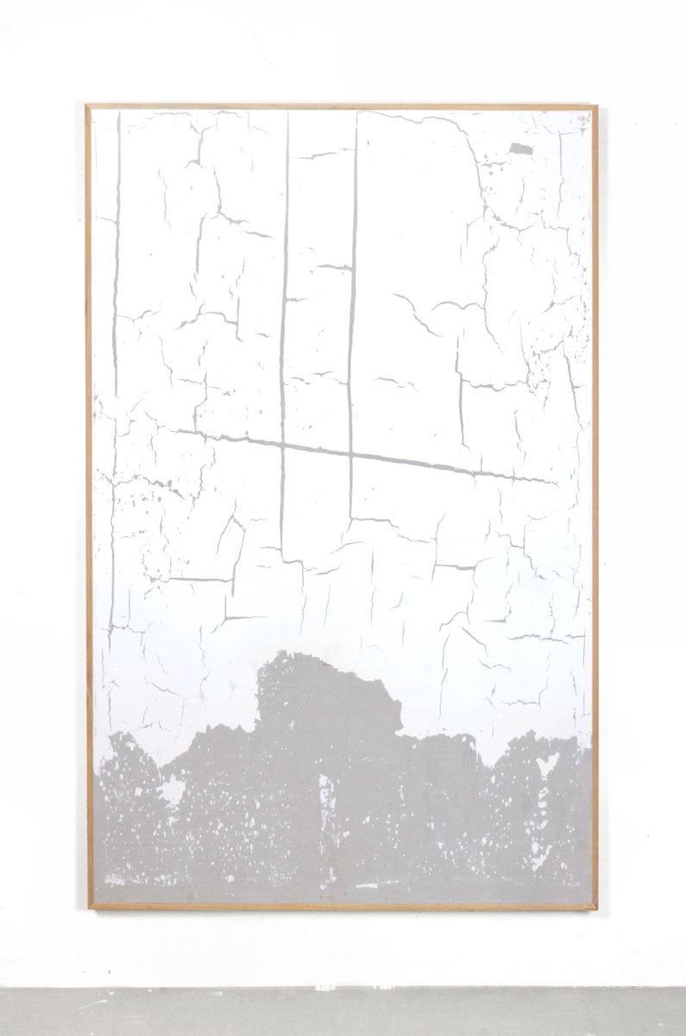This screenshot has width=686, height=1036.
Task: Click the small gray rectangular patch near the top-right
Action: pos(521,149)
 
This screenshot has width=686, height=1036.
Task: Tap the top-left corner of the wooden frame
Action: pos(87,106)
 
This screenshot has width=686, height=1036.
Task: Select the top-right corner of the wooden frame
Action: pos(595,107)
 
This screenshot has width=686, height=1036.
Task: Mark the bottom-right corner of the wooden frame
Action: pos(595,908)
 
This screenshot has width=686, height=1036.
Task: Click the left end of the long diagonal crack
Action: pos(172,429)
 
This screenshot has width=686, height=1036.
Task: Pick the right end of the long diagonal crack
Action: pos(552,481)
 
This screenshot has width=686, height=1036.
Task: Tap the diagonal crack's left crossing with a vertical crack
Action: pos(283,445)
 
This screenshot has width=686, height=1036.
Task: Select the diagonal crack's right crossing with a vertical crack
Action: pos(349,454)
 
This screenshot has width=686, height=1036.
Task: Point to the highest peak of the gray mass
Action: pos(285,654)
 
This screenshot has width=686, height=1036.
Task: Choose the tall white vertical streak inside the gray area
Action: pos(326,803)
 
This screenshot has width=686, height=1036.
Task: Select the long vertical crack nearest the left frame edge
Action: pos(116,259)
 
